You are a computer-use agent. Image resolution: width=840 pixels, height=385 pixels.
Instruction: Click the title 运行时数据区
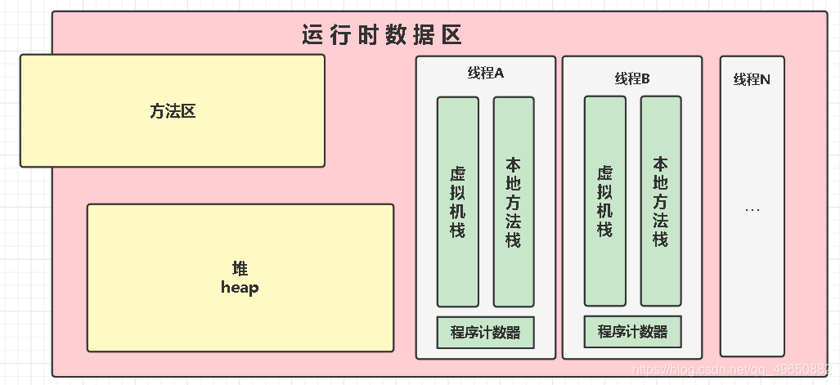pyautogui.click(x=382, y=36)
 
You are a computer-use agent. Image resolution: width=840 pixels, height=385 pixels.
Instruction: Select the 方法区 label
pyautogui.click(x=173, y=112)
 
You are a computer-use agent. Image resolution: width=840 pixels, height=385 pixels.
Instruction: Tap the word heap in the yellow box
pyautogui.click(x=240, y=288)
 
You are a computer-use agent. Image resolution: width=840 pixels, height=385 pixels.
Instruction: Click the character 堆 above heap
pyautogui.click(x=240, y=269)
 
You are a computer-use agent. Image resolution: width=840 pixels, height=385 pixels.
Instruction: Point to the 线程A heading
pyautogui.click(x=485, y=74)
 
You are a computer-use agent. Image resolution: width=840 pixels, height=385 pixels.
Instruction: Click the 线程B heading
pyautogui.click(x=632, y=79)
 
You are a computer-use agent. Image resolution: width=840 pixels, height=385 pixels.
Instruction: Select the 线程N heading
pyautogui.click(x=752, y=79)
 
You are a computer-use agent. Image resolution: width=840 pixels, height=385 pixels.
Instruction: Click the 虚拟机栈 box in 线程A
pyautogui.click(x=457, y=202)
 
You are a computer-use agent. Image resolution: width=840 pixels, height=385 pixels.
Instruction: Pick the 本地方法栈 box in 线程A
pyautogui.click(x=514, y=202)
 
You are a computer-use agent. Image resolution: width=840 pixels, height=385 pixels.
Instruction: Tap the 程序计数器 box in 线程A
pyautogui.click(x=485, y=333)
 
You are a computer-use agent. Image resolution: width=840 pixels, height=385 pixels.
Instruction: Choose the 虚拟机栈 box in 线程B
pyautogui.click(x=604, y=201)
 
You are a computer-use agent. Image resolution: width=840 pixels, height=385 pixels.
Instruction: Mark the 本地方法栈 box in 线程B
pyautogui.click(x=660, y=201)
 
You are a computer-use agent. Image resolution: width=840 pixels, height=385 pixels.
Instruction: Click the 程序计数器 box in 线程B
pyautogui.click(x=632, y=332)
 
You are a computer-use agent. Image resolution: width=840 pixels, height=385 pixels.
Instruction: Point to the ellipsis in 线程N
pyautogui.click(x=752, y=210)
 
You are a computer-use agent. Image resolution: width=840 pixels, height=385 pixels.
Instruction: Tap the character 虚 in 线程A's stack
pyautogui.click(x=457, y=174)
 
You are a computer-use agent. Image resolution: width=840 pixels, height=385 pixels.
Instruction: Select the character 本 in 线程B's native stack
pyautogui.click(x=660, y=164)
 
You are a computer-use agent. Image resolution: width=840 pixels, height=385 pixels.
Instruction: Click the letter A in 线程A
pyautogui.click(x=499, y=74)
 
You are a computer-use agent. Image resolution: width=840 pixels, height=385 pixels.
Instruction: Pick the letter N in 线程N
pyautogui.click(x=765, y=79)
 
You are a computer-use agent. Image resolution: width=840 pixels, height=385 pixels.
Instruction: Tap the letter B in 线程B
pyautogui.click(x=645, y=79)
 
